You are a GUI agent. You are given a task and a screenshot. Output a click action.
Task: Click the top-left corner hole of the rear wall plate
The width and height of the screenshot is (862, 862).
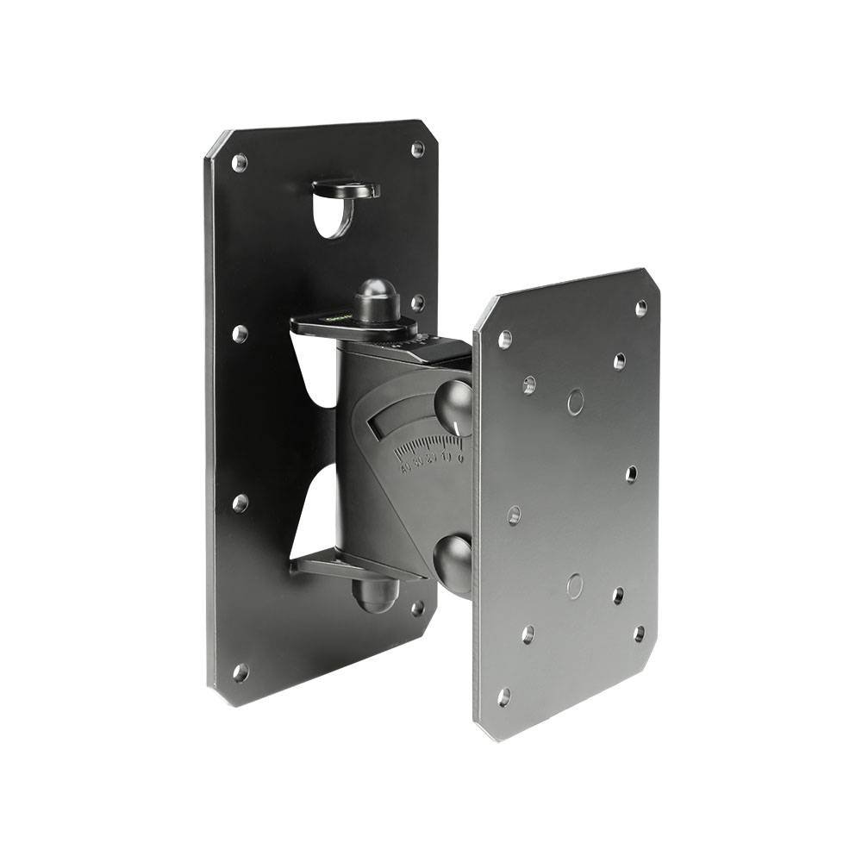(x=240, y=162)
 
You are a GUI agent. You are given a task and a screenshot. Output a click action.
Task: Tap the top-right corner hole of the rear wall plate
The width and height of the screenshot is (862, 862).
(x=417, y=149)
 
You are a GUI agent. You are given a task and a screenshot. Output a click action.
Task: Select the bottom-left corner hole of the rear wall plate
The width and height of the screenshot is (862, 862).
(x=240, y=671)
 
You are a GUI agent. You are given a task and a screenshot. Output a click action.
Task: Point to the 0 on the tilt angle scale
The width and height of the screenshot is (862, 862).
(x=461, y=458)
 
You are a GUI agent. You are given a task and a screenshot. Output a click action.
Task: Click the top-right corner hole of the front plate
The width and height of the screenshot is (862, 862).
(x=640, y=308)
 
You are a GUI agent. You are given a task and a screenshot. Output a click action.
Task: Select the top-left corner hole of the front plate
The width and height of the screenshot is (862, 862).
(x=505, y=339)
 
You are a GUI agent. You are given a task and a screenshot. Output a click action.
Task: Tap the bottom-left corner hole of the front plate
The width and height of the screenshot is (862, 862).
(x=503, y=696)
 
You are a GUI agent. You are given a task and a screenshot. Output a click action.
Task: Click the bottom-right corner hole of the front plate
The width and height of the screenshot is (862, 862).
(x=639, y=634)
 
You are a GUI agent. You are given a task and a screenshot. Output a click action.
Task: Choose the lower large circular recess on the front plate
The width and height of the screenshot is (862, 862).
(x=575, y=586)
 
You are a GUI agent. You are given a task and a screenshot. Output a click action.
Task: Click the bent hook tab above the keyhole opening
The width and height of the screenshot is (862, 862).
(x=346, y=187)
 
